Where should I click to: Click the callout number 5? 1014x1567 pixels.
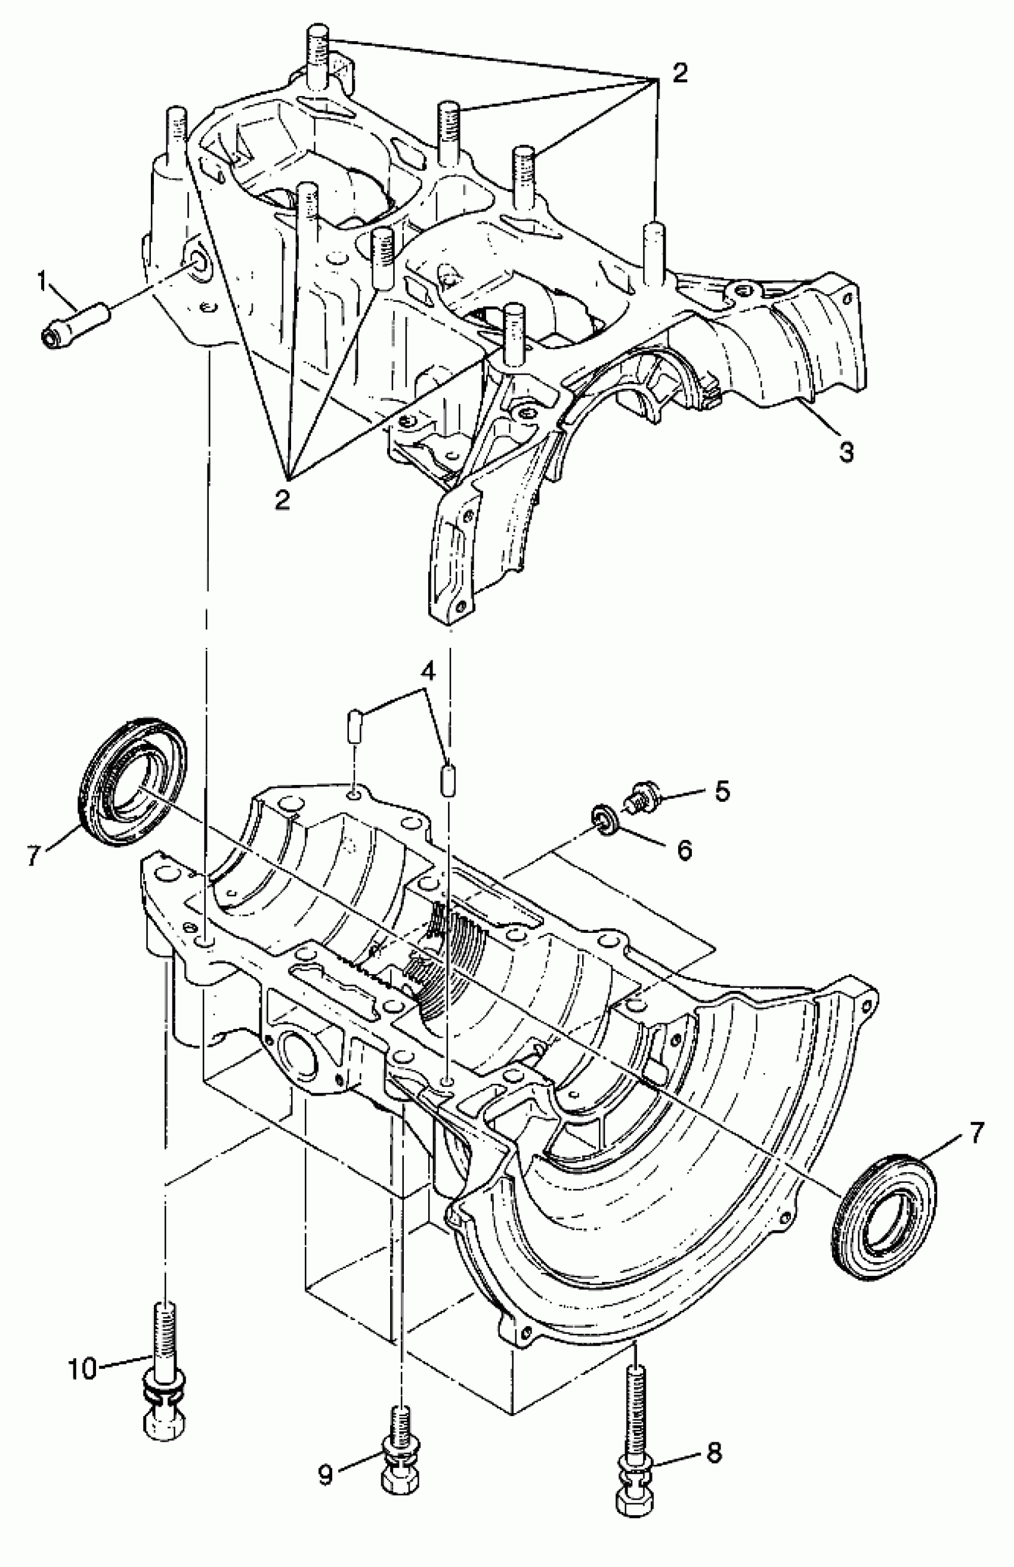pos(722,792)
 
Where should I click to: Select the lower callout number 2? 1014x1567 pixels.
pos(283,500)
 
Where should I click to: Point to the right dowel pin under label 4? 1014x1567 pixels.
pos(448,779)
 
